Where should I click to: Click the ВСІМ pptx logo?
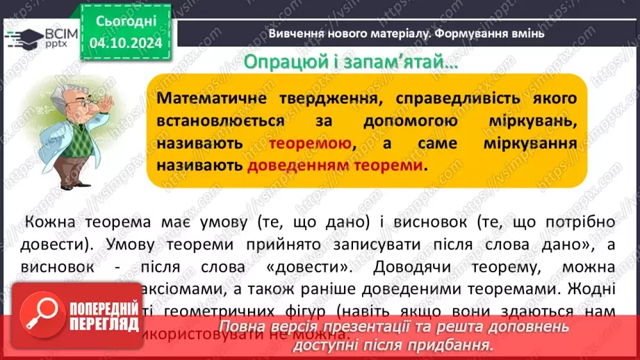point(42,36)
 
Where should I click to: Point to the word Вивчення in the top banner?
point(295,33)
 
